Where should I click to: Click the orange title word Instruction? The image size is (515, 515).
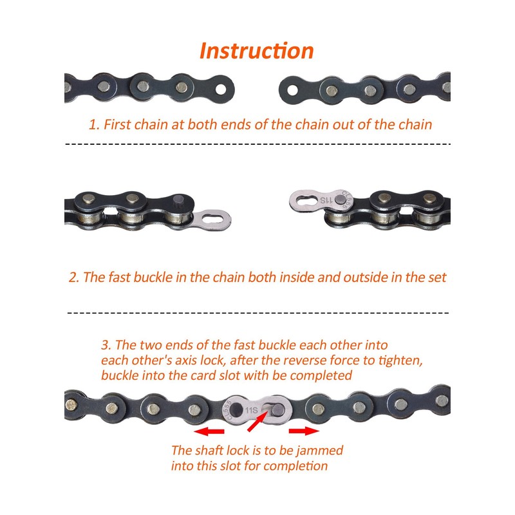256,50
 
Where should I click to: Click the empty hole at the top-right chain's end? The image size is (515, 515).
291,86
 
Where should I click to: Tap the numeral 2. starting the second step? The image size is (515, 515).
73,278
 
